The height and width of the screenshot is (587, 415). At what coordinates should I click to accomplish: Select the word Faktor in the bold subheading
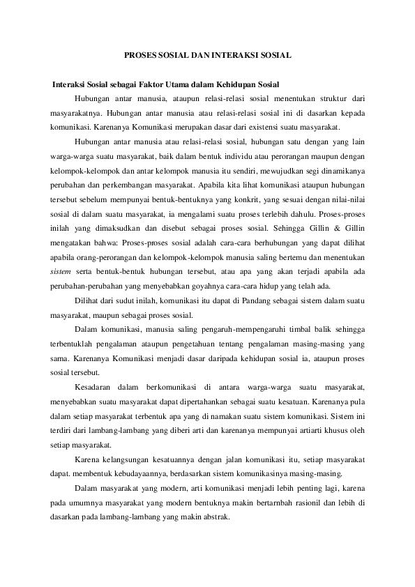tap(156, 83)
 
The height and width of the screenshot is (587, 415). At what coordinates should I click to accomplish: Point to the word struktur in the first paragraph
tap(331, 98)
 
